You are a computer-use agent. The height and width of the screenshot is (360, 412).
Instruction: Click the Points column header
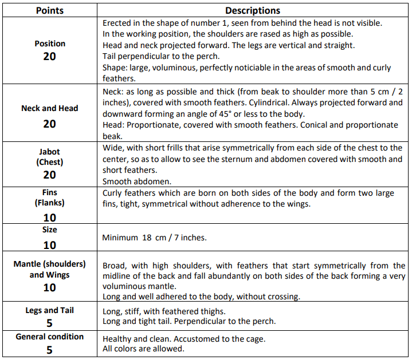click(49, 10)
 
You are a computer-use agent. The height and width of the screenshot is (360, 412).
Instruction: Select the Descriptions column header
click(253, 10)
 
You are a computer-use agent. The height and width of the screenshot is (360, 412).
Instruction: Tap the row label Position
click(50, 43)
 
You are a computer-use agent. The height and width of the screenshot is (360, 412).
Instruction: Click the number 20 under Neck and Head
click(49, 124)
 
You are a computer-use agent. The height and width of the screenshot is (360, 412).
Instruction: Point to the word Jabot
click(50, 151)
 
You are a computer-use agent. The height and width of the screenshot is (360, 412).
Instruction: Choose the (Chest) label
click(50, 162)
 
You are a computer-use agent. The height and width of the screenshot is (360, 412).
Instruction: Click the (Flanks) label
click(50, 203)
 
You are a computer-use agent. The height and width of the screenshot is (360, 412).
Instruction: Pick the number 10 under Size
click(50, 245)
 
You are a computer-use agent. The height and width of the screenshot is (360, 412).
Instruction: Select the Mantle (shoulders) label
click(50, 264)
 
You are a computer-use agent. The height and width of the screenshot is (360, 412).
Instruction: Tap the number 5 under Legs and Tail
click(50, 323)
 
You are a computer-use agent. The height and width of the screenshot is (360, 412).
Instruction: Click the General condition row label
click(50, 337)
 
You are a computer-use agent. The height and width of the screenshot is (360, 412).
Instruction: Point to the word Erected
click(118, 23)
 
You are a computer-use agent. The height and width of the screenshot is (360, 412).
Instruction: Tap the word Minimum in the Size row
click(120, 238)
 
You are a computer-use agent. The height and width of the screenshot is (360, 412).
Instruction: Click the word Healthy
click(118, 339)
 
